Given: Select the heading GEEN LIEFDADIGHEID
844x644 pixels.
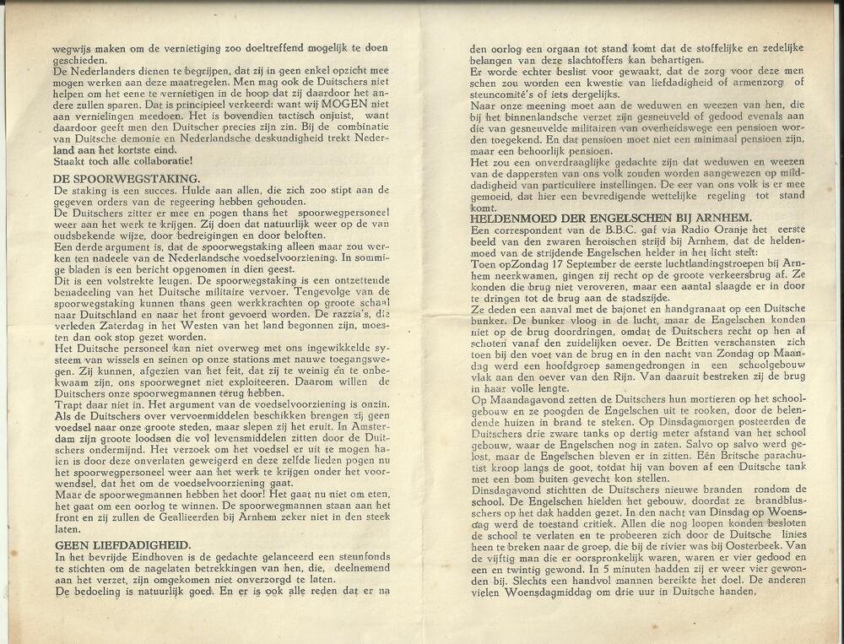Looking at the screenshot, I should coord(122,545).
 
